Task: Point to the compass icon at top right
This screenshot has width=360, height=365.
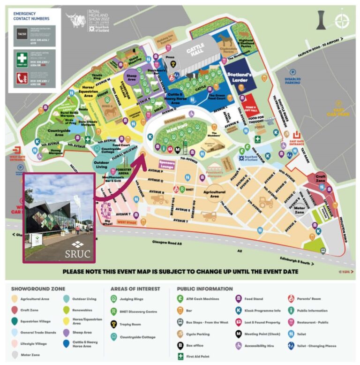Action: tap(342, 21)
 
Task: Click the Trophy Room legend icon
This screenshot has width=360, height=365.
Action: tap(113, 324)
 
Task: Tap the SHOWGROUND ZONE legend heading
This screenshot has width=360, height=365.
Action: tap(38, 289)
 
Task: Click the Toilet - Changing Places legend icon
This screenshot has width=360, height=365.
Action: tap(291, 346)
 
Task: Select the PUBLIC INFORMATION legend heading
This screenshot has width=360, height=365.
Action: tap(205, 289)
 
